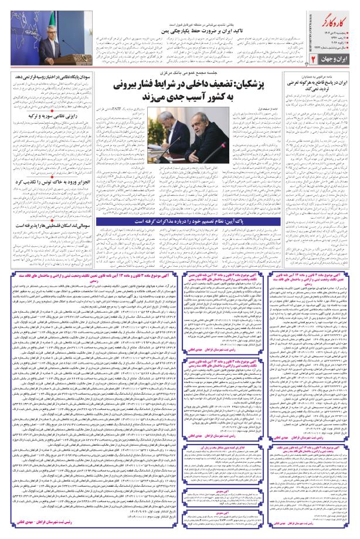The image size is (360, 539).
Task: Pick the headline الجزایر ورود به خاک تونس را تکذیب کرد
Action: point(43,183)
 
